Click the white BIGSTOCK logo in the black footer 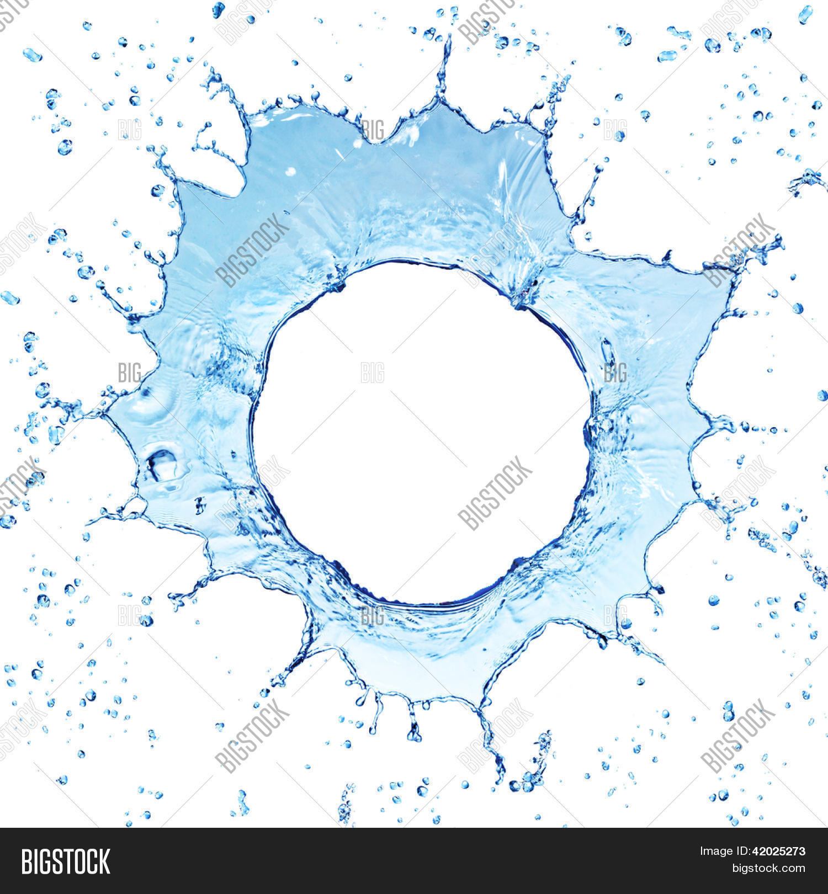pos(65,861)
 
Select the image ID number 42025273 pos(775,852)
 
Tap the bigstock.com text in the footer pos(768,869)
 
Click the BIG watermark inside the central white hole pos(372,372)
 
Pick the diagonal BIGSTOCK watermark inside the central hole pos(495,493)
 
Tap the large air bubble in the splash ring pos(162,464)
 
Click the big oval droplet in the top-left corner pos(32,54)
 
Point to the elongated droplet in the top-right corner pos(805,15)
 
